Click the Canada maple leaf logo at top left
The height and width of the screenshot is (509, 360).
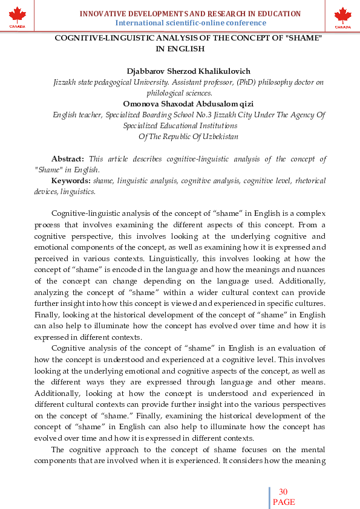18,16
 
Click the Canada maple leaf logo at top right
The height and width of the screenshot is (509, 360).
342,16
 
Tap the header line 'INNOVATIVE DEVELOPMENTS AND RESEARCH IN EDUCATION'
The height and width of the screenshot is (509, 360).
191,13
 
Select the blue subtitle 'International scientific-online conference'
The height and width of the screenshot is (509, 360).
191,23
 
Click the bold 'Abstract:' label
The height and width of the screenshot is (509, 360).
68,159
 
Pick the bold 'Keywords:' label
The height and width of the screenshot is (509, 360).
71,181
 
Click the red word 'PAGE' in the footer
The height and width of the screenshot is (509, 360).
283,502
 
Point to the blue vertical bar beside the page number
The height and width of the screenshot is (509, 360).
269,497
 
